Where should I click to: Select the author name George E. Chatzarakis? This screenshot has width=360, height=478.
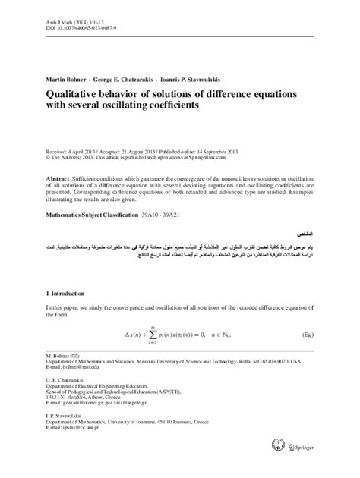128,78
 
